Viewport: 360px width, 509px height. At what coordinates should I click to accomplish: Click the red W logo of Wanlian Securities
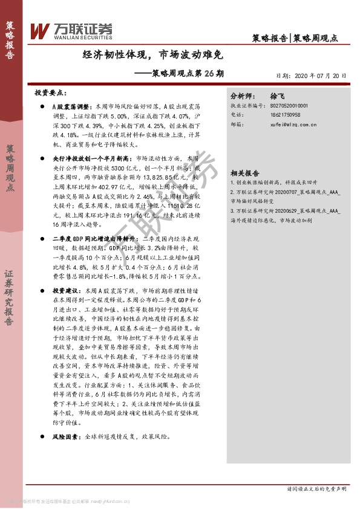[39, 30]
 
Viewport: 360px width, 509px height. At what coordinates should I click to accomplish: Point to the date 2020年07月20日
[315, 76]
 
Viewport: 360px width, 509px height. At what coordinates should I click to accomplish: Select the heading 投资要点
[50, 94]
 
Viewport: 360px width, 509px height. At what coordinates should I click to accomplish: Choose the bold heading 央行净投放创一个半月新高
[87, 157]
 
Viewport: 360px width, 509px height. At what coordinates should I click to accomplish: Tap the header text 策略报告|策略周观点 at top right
[294, 38]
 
